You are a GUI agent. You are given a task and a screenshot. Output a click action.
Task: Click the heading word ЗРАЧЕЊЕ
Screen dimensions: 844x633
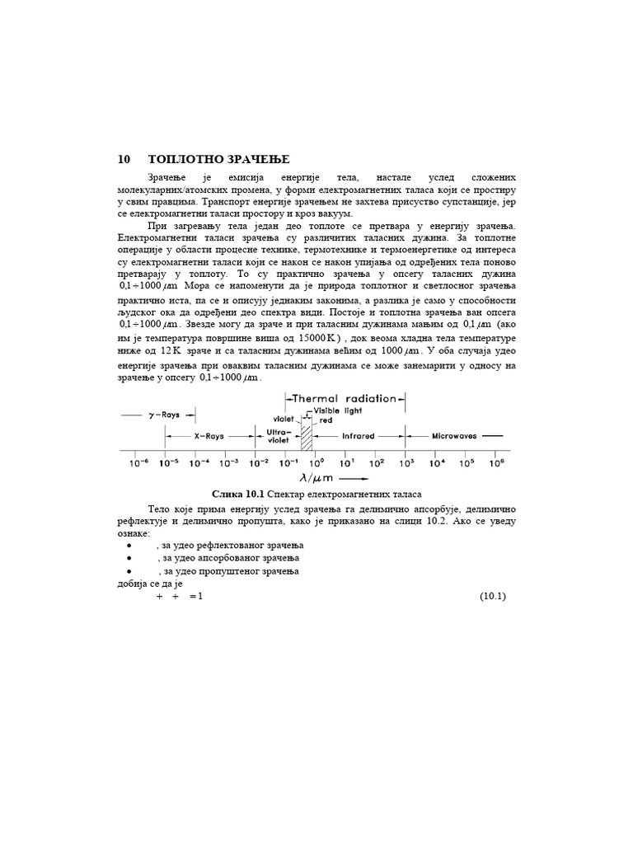256,159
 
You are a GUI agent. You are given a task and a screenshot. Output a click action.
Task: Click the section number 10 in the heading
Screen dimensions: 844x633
124,159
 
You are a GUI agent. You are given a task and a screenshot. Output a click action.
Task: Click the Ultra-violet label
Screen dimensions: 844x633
278,435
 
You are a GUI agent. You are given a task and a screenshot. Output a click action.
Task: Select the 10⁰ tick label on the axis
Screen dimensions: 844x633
316,463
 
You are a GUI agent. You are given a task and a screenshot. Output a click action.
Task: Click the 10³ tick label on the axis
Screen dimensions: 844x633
406,463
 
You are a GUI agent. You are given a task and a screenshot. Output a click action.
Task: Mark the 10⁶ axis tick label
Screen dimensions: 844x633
495,463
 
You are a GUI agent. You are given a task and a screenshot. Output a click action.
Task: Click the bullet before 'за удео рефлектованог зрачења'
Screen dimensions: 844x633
129,546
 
